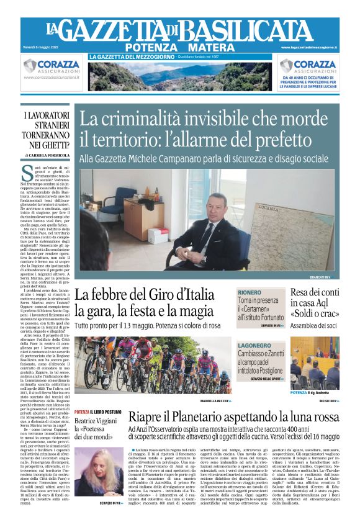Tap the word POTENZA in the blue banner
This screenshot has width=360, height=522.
[x=150, y=48]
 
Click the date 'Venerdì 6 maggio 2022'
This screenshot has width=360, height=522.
[x=45, y=47]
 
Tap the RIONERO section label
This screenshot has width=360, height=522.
[x=250, y=293]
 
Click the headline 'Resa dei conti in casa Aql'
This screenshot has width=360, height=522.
[x=315, y=297]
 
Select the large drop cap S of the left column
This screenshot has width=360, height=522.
[x=26, y=172]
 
